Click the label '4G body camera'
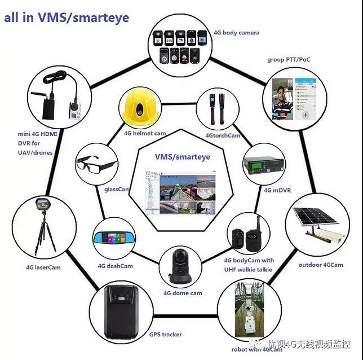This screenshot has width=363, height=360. (x=237, y=33)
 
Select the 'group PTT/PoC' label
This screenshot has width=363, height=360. (x=289, y=59)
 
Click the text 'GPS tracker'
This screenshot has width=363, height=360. (x=166, y=334)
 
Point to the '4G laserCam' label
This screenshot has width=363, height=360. (x=43, y=267)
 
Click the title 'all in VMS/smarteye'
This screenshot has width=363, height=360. (x=67, y=17)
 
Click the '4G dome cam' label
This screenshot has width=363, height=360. (x=183, y=293)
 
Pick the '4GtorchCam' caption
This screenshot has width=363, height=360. (x=223, y=135)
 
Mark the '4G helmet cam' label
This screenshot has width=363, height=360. (x=145, y=134)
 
